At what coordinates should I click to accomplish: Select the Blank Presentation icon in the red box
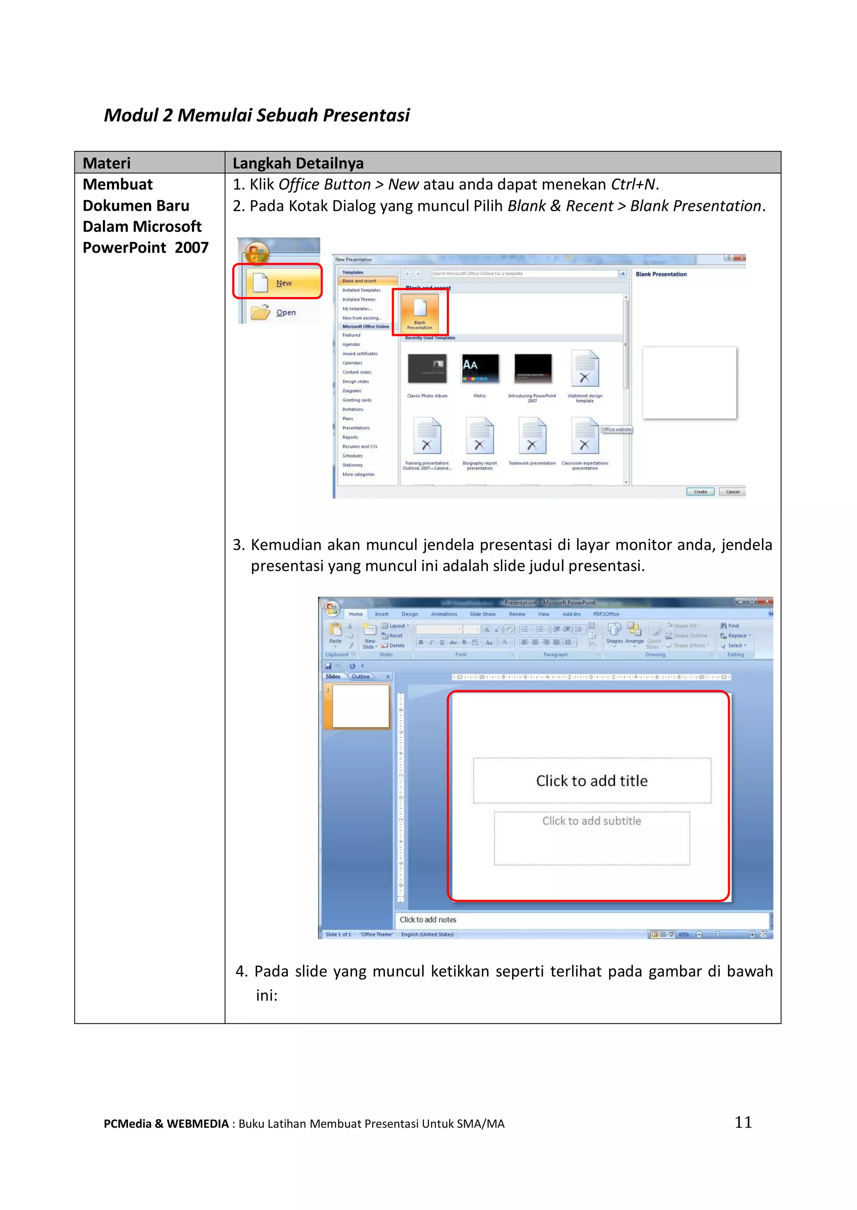[420, 312]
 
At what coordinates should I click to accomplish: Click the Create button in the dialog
[700, 491]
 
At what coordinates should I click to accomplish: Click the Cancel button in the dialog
[732, 491]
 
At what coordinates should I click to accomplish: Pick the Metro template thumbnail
[480, 369]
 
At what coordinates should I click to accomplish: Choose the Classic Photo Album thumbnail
[427, 369]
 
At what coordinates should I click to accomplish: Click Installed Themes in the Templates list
[359, 299]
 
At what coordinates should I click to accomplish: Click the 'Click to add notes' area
[428, 920]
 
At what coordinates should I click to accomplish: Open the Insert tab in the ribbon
[382, 614]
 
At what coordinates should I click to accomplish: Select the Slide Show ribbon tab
[482, 614]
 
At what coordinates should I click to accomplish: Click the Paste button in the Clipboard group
[336, 632]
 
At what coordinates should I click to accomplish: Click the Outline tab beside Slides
[361, 677]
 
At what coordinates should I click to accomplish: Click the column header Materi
[107, 163]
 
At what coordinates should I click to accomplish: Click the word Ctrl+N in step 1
[633, 184]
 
